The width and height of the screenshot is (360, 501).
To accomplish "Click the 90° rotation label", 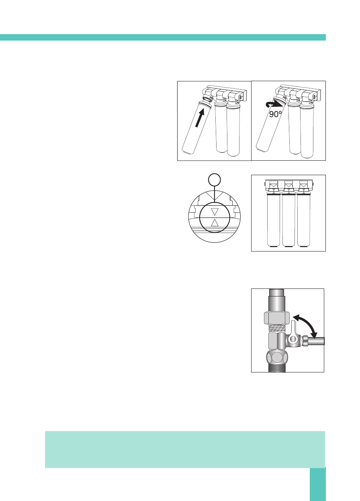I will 276,115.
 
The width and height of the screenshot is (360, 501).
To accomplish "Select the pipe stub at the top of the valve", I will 277,299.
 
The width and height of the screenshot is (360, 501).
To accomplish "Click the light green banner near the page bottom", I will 185,449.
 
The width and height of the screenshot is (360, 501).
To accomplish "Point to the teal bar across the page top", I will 163,37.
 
